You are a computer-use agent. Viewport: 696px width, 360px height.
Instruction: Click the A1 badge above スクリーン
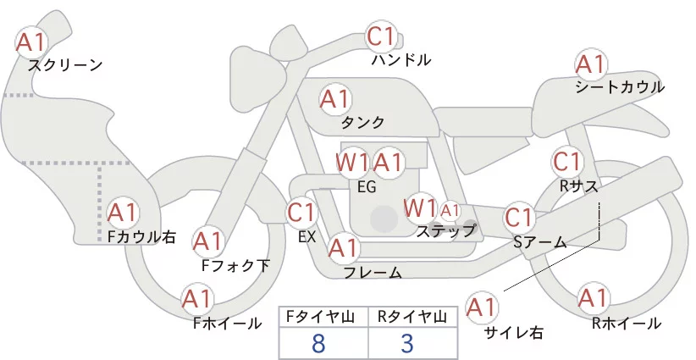(32, 41)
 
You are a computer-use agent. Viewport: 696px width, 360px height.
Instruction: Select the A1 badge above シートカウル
(590, 64)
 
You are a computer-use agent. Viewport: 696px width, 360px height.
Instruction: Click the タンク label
(362, 121)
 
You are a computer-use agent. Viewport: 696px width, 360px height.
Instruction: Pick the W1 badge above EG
(352, 162)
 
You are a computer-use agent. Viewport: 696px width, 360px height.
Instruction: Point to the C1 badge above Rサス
(566, 161)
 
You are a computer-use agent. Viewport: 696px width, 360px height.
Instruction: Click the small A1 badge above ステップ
(450, 210)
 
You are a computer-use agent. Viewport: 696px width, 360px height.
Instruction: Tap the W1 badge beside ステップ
(420, 208)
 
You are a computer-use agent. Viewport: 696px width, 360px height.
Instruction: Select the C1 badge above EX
(301, 212)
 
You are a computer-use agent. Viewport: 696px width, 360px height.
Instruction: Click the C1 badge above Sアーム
(518, 218)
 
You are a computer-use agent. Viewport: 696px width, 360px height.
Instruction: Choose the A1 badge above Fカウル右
(124, 213)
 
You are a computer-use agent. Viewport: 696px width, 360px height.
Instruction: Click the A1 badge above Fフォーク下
(207, 241)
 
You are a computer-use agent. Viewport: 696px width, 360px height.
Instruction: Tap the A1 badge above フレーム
(343, 248)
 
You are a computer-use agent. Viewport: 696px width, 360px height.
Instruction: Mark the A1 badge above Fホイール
(197, 299)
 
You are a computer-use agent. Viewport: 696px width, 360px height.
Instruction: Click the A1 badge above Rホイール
(591, 299)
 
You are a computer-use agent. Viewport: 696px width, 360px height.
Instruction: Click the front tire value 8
(318, 343)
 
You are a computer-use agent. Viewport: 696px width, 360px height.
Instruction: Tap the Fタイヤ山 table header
(323, 317)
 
